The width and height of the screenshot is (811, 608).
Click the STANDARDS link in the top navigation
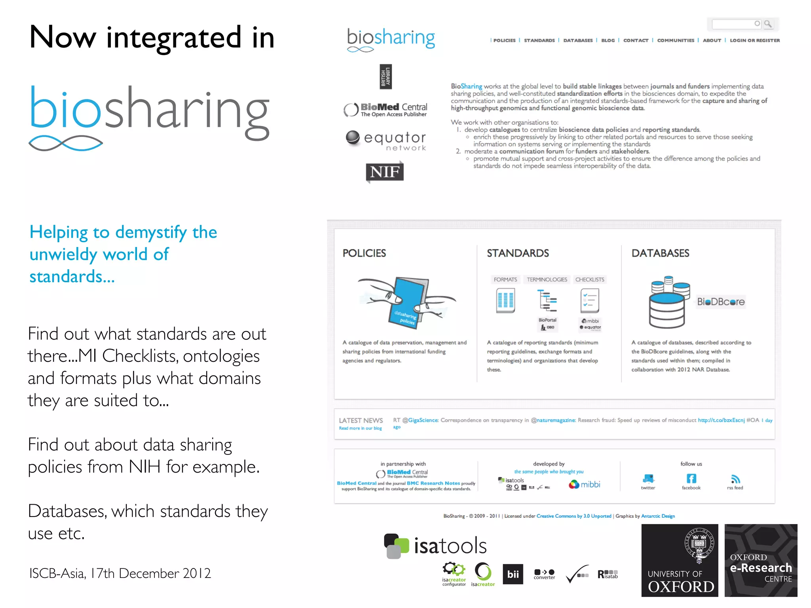[x=539, y=40]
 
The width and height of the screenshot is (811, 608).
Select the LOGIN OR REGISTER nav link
[x=754, y=40]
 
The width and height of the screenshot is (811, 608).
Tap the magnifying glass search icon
[x=768, y=24]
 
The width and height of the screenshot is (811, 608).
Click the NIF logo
[x=385, y=172]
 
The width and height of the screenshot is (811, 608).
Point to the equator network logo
[x=386, y=141]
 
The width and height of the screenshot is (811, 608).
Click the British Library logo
[x=386, y=77]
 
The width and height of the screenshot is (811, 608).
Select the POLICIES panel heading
[x=364, y=253]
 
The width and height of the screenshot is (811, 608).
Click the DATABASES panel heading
[x=660, y=253]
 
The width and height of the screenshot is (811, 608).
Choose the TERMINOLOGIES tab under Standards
[x=546, y=279]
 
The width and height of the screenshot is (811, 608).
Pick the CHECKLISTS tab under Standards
[x=590, y=279]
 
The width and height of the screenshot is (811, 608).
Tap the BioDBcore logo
[x=721, y=302]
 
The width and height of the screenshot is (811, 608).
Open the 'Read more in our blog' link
[x=360, y=428]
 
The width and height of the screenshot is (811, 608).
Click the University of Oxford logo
[x=680, y=560]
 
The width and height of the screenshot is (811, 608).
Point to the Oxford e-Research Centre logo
[x=761, y=560]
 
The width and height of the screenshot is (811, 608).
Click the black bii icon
[x=513, y=574]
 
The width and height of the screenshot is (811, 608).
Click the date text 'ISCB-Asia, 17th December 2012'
[x=120, y=573]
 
